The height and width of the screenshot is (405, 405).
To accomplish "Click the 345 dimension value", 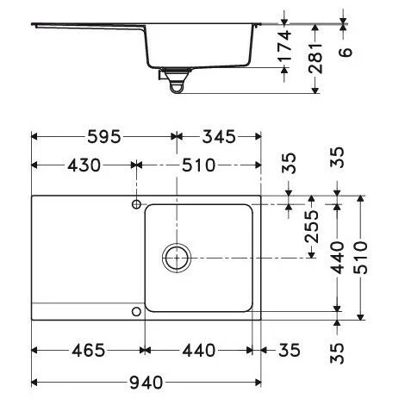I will (x=218, y=137).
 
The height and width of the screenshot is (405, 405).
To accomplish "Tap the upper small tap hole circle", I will (x=136, y=203).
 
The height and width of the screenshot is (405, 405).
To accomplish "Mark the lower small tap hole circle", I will (x=136, y=310).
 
